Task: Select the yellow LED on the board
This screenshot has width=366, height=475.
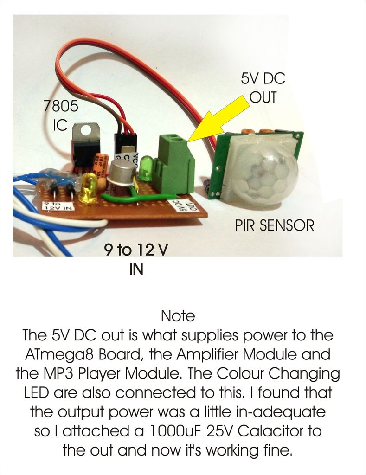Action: (88, 188)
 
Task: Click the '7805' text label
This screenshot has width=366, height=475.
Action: (61, 107)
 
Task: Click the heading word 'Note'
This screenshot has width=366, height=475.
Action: (178, 316)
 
